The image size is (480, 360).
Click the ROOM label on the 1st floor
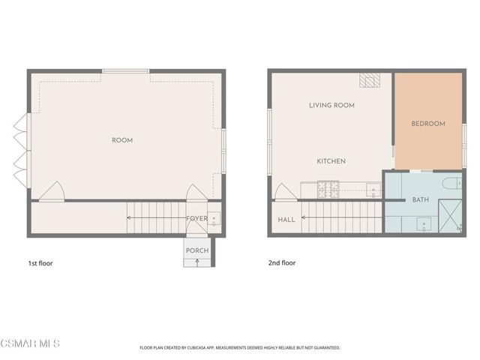[122, 140]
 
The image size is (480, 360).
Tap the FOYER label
[197, 218]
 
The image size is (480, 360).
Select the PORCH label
[197, 250]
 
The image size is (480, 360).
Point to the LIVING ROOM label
[331, 106]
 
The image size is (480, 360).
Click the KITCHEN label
[331, 161]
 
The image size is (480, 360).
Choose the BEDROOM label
[428, 124]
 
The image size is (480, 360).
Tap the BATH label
[420, 199]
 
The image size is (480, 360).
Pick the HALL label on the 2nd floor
[286, 220]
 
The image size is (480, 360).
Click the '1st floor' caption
[40, 263]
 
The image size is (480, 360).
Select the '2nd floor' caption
[282, 263]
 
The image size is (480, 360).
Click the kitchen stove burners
[328, 190]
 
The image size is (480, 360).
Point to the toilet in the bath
[451, 183]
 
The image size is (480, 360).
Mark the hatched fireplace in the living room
[369, 80]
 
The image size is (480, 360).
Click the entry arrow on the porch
[197, 262]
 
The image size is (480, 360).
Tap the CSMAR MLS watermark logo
[30, 343]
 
